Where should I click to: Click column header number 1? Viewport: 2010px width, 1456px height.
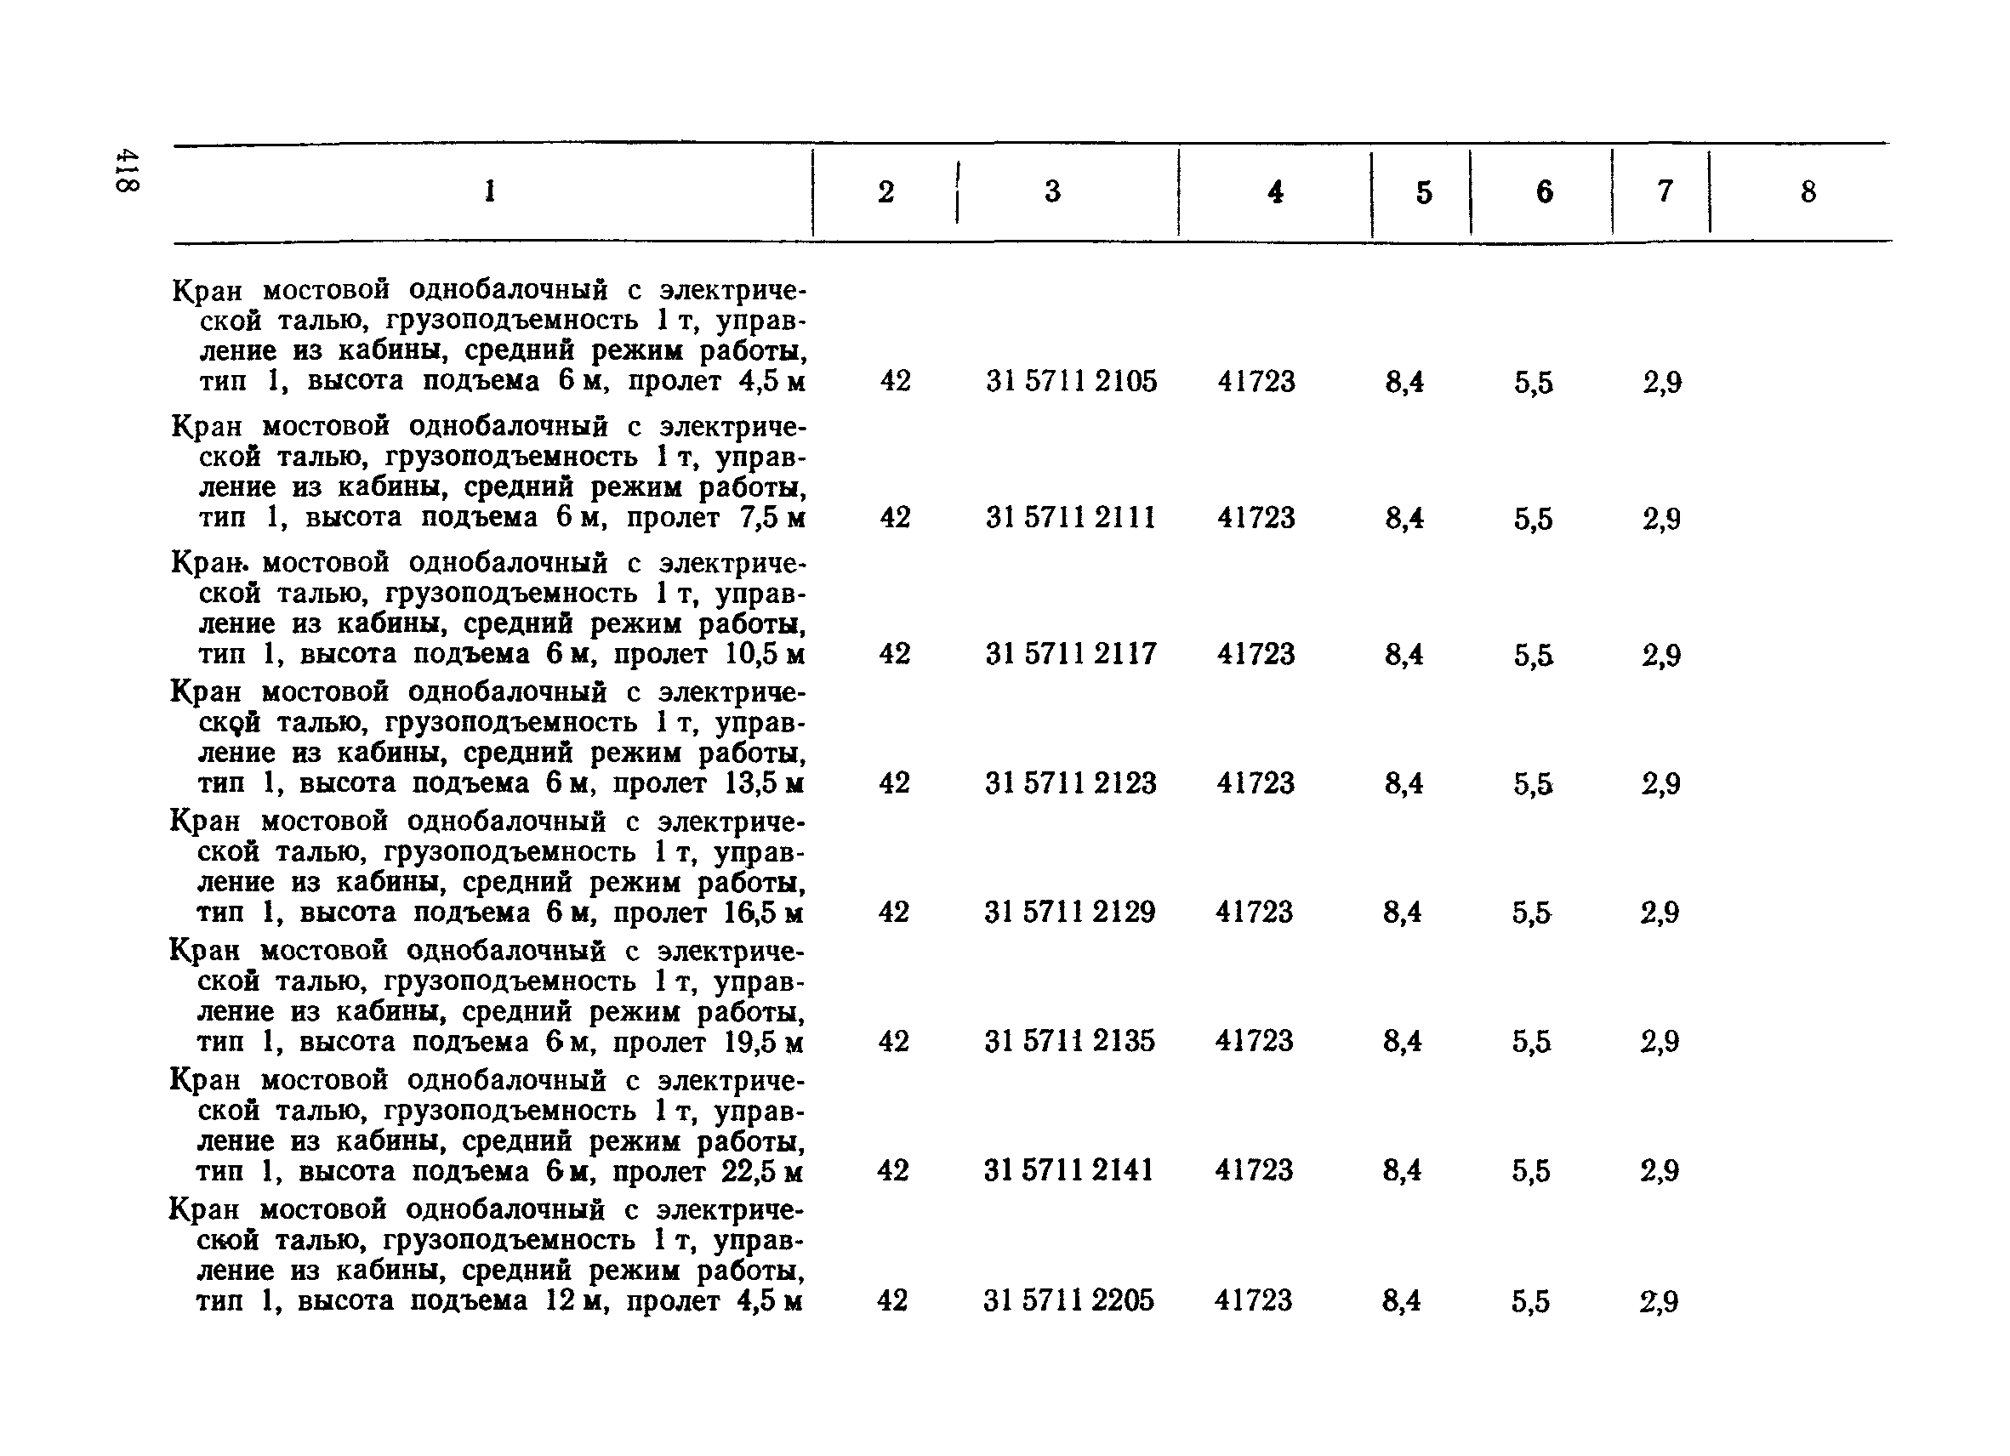490,191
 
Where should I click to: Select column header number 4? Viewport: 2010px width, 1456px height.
1275,191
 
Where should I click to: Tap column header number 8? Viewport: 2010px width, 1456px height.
1808,191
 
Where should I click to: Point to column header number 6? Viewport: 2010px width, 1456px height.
1544,191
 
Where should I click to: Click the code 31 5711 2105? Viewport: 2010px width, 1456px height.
1071,382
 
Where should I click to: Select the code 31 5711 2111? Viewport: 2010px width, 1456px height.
1071,518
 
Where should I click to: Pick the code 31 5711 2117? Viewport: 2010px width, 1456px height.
1071,654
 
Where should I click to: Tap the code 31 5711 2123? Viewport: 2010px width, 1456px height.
1071,783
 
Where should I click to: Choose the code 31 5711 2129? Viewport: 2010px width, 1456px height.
1070,912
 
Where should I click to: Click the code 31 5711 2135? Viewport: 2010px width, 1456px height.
1070,1040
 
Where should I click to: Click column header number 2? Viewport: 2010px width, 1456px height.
885,191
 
